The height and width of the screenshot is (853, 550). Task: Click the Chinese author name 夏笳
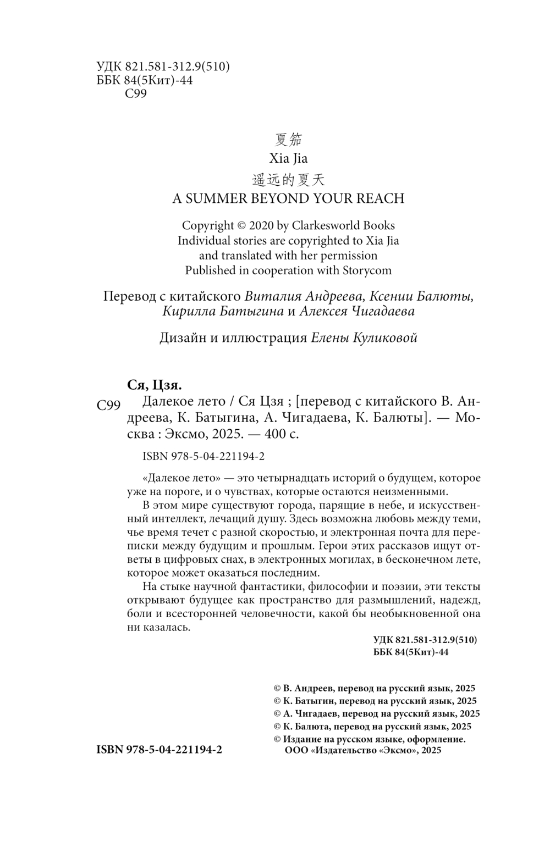point(288,140)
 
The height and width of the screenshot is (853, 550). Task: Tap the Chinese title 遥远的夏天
point(288,179)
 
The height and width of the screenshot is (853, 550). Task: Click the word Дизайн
point(182,337)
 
